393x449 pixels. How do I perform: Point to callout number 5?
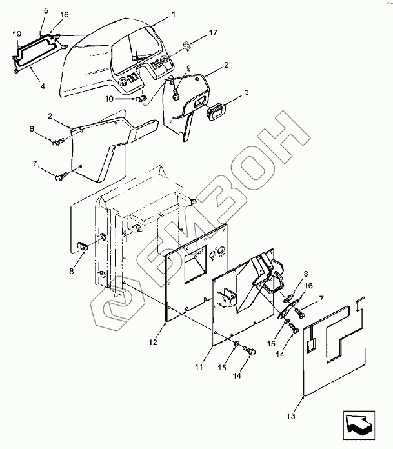[46, 11]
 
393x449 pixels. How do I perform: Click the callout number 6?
[49, 129]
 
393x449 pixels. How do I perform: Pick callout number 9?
[189, 68]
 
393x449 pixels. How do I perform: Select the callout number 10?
[110, 98]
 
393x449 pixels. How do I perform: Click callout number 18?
[64, 14]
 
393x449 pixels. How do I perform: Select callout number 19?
[16, 32]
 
